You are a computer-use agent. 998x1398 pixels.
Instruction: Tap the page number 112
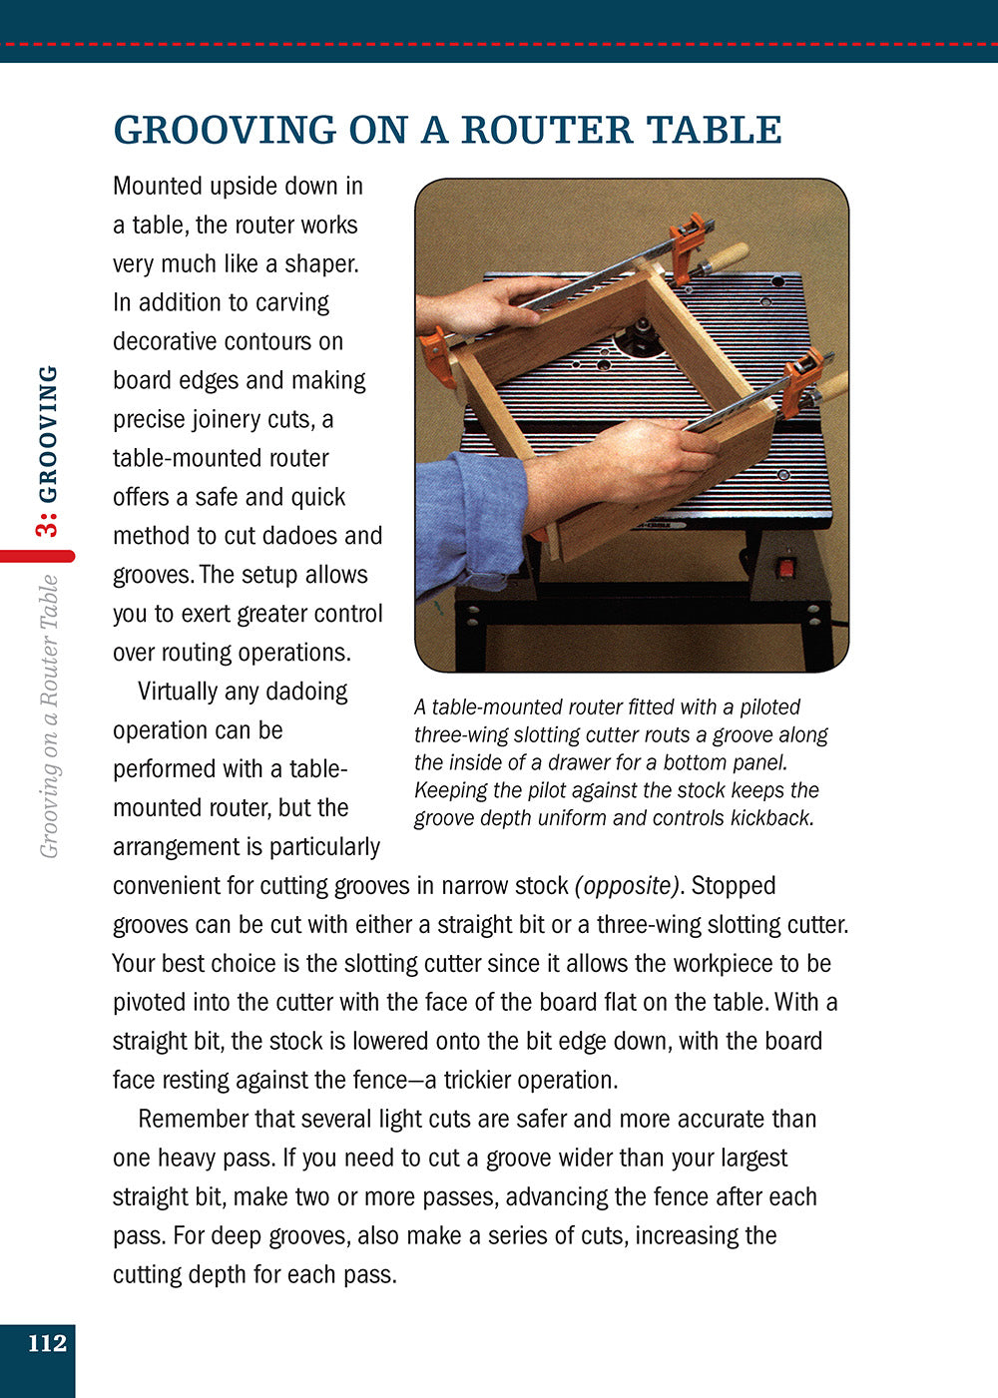tap(47, 1343)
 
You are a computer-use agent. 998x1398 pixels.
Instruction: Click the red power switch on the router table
tap(787, 568)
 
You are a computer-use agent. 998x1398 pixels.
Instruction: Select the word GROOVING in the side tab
tap(47, 434)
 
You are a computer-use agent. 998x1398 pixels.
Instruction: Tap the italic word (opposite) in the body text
tap(627, 886)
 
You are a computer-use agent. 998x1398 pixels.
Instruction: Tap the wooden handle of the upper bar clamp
tap(726, 257)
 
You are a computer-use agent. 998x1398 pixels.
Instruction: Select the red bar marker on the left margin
tap(37, 556)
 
